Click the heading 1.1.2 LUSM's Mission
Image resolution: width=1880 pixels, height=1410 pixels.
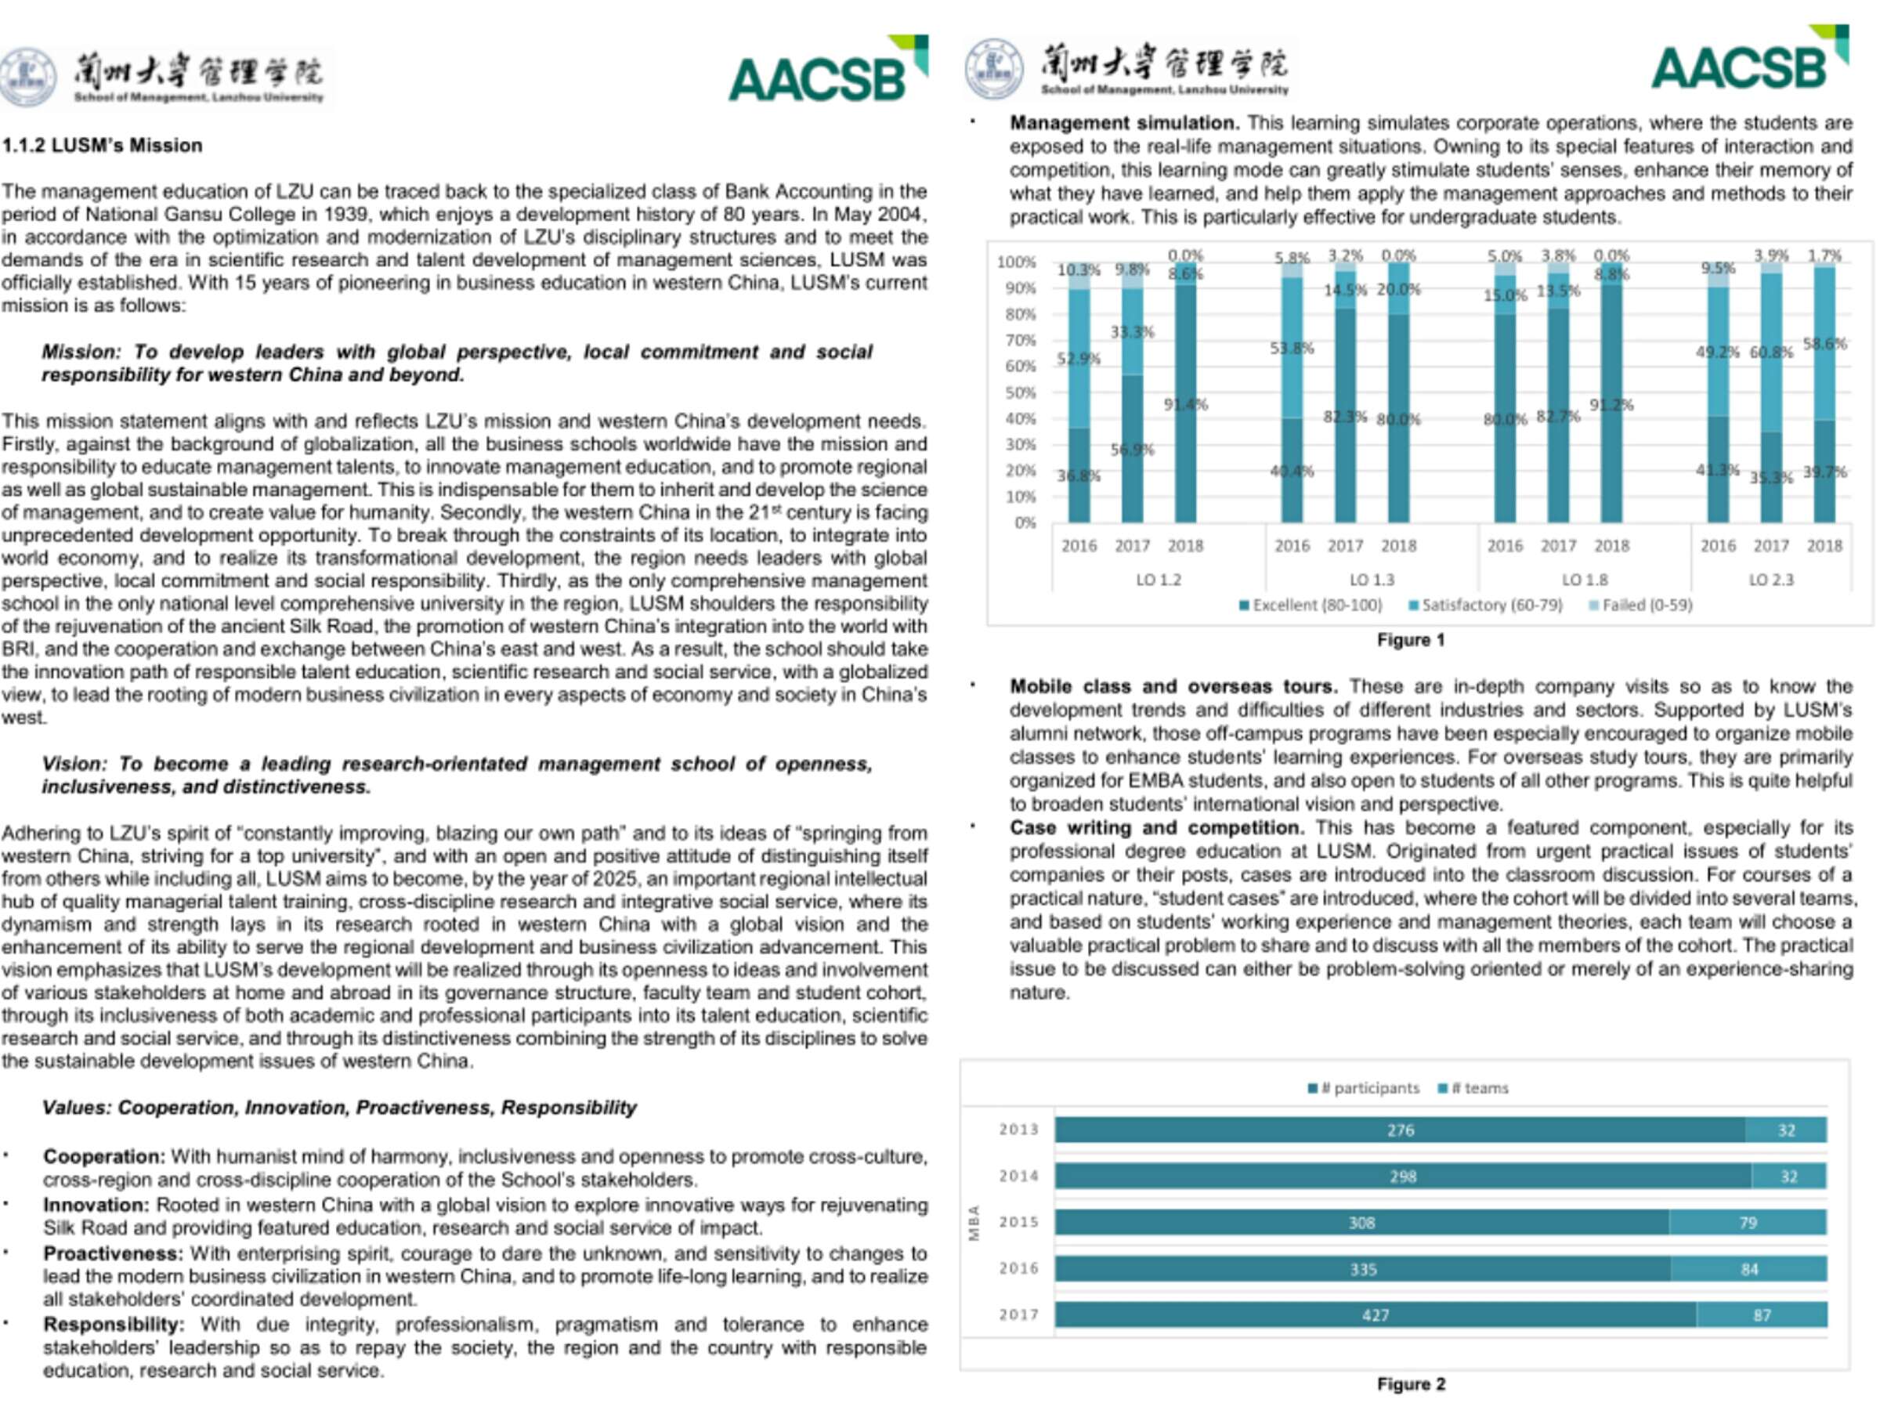click(x=102, y=146)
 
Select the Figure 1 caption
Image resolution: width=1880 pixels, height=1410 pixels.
click(x=1410, y=640)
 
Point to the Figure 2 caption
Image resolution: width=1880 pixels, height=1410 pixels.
click(x=1410, y=1383)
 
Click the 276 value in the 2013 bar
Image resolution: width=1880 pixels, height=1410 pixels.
click(x=1400, y=1130)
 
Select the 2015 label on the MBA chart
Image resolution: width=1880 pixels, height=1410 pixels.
click(x=1018, y=1222)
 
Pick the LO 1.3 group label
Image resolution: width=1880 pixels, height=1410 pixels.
click(x=1372, y=580)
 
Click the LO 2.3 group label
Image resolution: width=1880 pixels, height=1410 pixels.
click(x=1770, y=580)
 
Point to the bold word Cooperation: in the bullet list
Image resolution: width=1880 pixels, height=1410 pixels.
click(x=103, y=1157)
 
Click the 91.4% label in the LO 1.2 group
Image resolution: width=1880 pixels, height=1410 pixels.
click(x=1186, y=404)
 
